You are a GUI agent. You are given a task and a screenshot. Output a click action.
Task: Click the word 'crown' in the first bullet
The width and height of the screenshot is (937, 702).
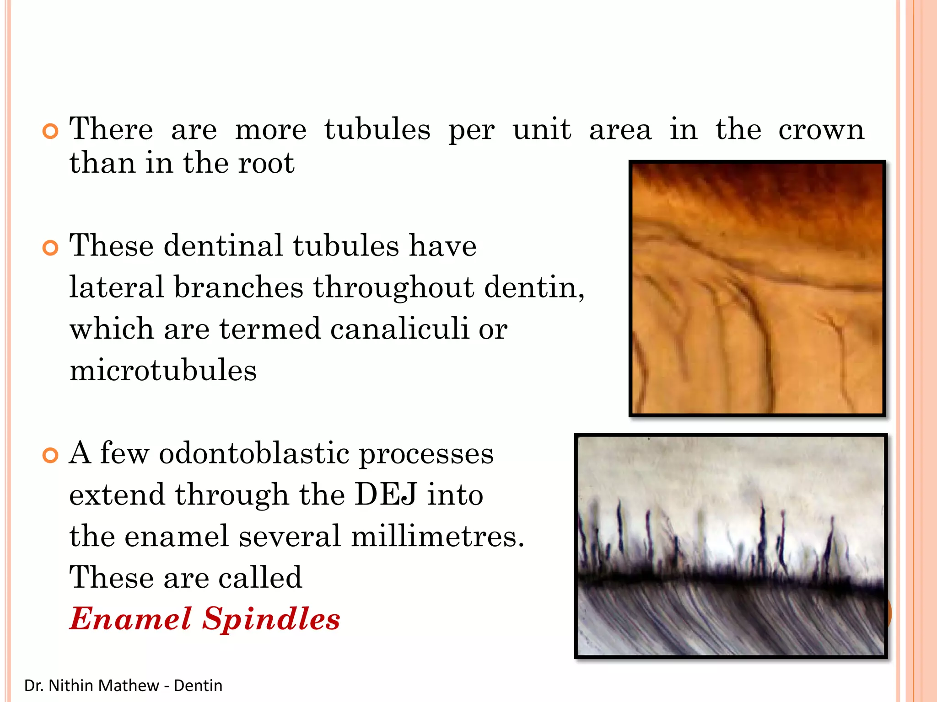(x=821, y=130)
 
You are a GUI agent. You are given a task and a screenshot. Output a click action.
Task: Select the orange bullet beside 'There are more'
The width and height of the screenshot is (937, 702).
(x=50, y=132)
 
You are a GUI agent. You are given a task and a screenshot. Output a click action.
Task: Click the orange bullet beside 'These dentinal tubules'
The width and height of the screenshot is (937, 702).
(x=50, y=248)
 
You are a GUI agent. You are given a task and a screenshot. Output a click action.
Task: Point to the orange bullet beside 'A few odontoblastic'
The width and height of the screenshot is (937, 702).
(x=50, y=455)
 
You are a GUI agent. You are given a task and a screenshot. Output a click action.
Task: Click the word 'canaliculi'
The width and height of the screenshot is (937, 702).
(x=399, y=329)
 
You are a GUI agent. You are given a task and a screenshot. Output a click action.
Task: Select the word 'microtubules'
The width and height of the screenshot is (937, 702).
(x=163, y=370)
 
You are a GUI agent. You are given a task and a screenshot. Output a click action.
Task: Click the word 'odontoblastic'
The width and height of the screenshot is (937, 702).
(x=253, y=454)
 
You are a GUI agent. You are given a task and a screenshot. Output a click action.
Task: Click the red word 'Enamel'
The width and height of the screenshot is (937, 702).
(x=130, y=619)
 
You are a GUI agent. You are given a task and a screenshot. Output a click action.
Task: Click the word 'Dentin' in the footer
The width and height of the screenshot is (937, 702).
(x=198, y=686)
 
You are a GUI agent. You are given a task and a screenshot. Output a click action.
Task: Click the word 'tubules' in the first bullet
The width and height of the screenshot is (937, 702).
(x=377, y=129)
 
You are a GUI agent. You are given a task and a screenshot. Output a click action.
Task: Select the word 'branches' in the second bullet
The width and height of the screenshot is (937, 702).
(x=238, y=287)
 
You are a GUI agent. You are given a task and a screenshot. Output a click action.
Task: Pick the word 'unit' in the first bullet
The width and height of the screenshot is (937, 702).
(x=542, y=129)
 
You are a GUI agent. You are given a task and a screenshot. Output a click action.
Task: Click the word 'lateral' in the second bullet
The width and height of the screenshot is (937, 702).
(x=116, y=287)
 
